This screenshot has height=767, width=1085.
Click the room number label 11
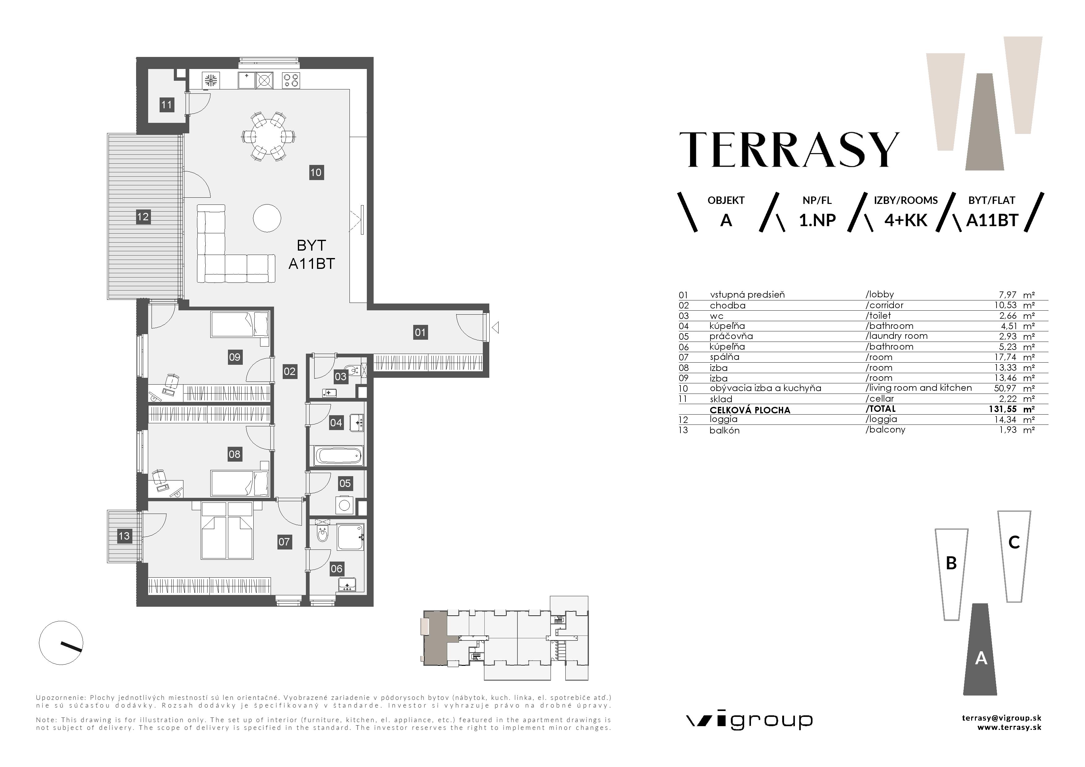[x=166, y=105]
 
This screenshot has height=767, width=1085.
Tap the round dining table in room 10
[x=268, y=136]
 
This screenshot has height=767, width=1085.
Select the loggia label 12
[x=143, y=217]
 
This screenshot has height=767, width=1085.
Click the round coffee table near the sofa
[x=267, y=218]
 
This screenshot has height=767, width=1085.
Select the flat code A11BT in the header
[x=991, y=221]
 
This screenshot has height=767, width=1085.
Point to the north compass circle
[x=61, y=643]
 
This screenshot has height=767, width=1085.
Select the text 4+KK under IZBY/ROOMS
[x=905, y=221]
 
